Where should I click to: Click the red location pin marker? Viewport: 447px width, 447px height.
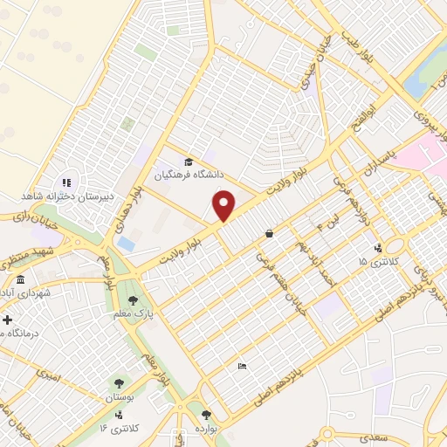pyautogui.click(x=224, y=206)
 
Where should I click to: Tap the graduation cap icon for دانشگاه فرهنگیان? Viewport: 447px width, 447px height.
pyautogui.click(x=189, y=161)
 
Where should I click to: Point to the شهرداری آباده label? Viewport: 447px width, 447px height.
pyautogui.click(x=26, y=293)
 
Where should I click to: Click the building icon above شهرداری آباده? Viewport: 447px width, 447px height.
pyautogui.click(x=20, y=279)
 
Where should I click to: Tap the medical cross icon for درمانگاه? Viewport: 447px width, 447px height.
pyautogui.click(x=6, y=320)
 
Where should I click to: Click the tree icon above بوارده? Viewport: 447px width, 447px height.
pyautogui.click(x=206, y=416)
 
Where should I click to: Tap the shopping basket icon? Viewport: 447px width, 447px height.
pyautogui.click(x=269, y=232)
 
